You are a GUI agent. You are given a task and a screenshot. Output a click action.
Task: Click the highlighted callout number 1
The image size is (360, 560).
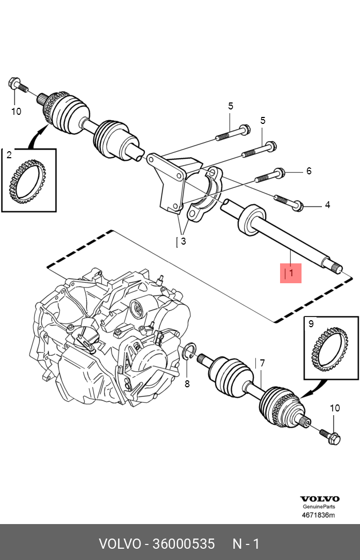291,273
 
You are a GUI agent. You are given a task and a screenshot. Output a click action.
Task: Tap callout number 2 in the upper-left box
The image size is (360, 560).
9,154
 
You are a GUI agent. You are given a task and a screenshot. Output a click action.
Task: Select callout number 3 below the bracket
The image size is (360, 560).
183,241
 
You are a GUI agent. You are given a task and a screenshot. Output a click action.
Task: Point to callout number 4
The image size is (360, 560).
327,205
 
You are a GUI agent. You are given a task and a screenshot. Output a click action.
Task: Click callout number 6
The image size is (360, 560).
309,171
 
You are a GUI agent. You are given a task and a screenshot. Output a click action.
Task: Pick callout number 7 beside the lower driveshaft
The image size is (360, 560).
262,363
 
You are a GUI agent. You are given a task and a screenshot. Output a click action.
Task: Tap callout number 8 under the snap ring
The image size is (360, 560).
187,384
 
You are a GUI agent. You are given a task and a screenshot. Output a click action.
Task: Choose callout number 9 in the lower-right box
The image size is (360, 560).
311,323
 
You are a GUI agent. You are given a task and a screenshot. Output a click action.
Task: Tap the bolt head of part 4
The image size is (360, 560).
298,206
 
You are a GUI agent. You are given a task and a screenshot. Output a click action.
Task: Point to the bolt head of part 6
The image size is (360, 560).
280,173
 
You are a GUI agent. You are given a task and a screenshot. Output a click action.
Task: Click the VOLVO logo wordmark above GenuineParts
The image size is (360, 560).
320,499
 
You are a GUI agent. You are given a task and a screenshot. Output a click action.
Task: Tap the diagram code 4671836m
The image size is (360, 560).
319,515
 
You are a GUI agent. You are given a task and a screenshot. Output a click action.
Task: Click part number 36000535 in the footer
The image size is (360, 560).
183,544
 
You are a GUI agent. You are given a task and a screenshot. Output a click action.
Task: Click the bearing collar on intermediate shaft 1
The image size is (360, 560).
252,220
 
